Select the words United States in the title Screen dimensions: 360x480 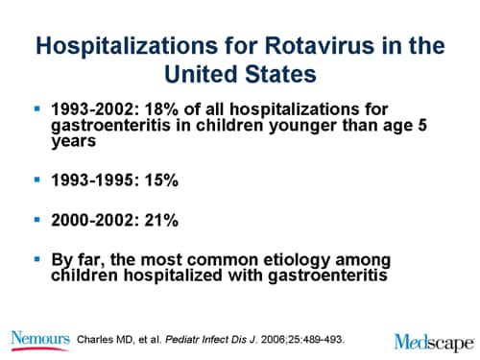point(239,75)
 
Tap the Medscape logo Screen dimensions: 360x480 point(432,340)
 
